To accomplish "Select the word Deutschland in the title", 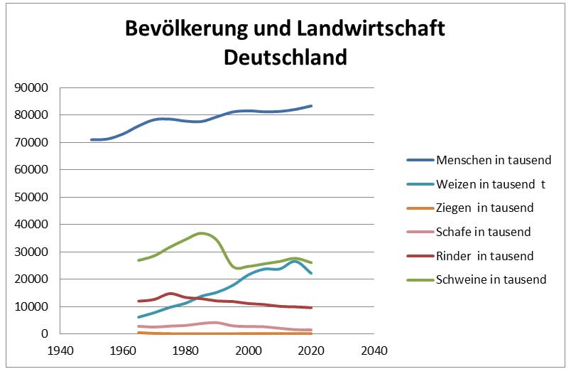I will (285, 56).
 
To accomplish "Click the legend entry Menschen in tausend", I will (494, 159).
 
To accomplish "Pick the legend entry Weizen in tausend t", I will (491, 183).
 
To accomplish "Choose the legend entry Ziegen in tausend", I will (485, 208).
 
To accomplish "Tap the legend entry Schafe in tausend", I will (484, 232).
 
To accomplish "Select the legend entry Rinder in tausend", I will (485, 256).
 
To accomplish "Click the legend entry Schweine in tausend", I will (491, 279).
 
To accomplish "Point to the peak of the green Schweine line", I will (202, 233).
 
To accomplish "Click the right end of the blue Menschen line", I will (312, 106).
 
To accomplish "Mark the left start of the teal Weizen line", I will (139, 317).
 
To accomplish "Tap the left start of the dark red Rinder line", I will (139, 301).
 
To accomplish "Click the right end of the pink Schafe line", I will (312, 330).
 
